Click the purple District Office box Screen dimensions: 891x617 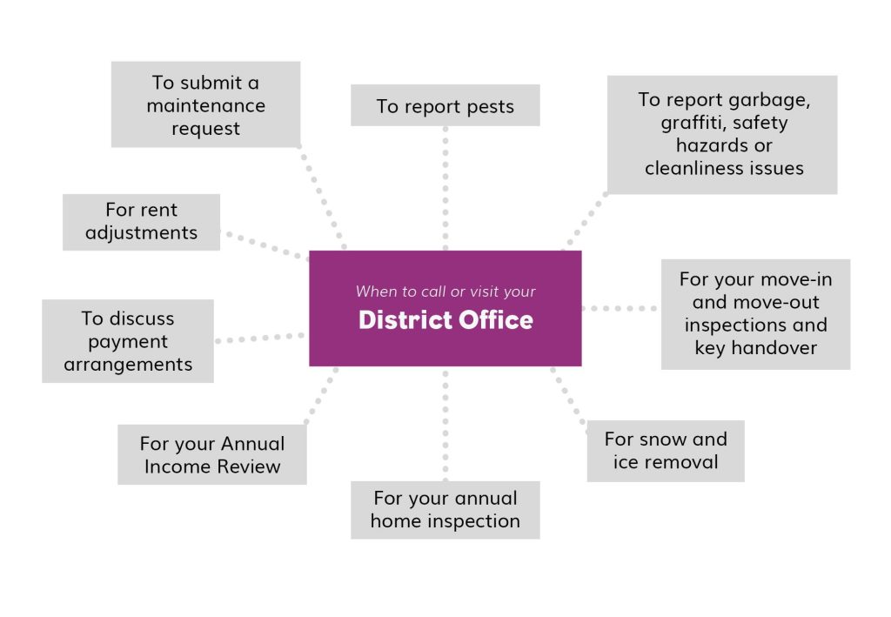445,308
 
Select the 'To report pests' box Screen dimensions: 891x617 445,105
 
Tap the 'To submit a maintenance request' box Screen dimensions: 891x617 205,104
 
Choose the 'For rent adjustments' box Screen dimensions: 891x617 141,222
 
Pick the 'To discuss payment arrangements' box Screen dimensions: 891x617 128,341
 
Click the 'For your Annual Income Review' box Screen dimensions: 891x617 212,454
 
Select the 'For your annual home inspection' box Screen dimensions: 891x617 445,510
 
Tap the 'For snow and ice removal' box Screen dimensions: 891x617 666,451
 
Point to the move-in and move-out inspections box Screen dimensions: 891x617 756,314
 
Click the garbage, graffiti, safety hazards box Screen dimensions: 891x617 722,135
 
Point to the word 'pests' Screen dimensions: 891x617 487,107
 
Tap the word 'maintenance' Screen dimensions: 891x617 205,105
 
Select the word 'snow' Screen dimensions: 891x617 666,439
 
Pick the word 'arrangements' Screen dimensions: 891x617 128,366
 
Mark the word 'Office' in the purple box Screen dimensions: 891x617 496,320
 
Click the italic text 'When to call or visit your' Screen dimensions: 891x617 445,292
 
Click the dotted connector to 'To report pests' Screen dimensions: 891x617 445,188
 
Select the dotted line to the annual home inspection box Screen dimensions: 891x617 445,424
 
